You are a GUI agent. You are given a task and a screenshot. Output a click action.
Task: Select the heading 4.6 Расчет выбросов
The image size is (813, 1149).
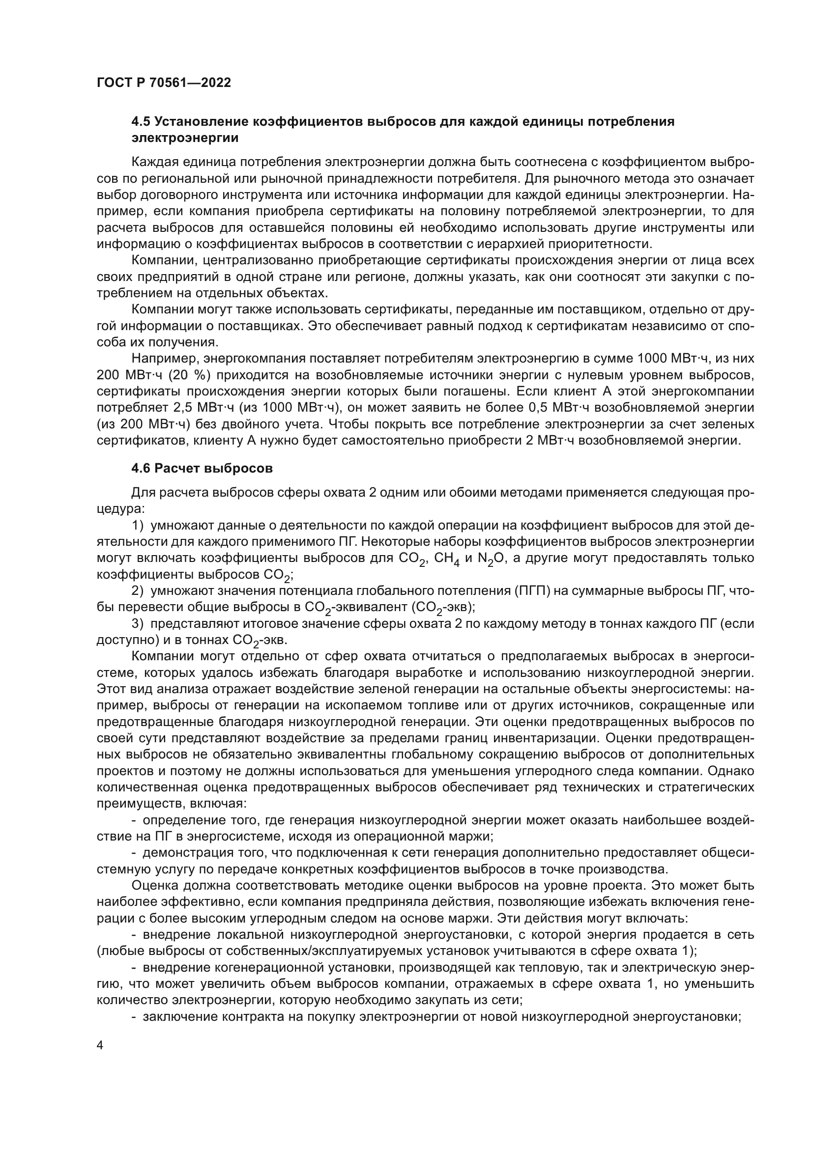(202, 469)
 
